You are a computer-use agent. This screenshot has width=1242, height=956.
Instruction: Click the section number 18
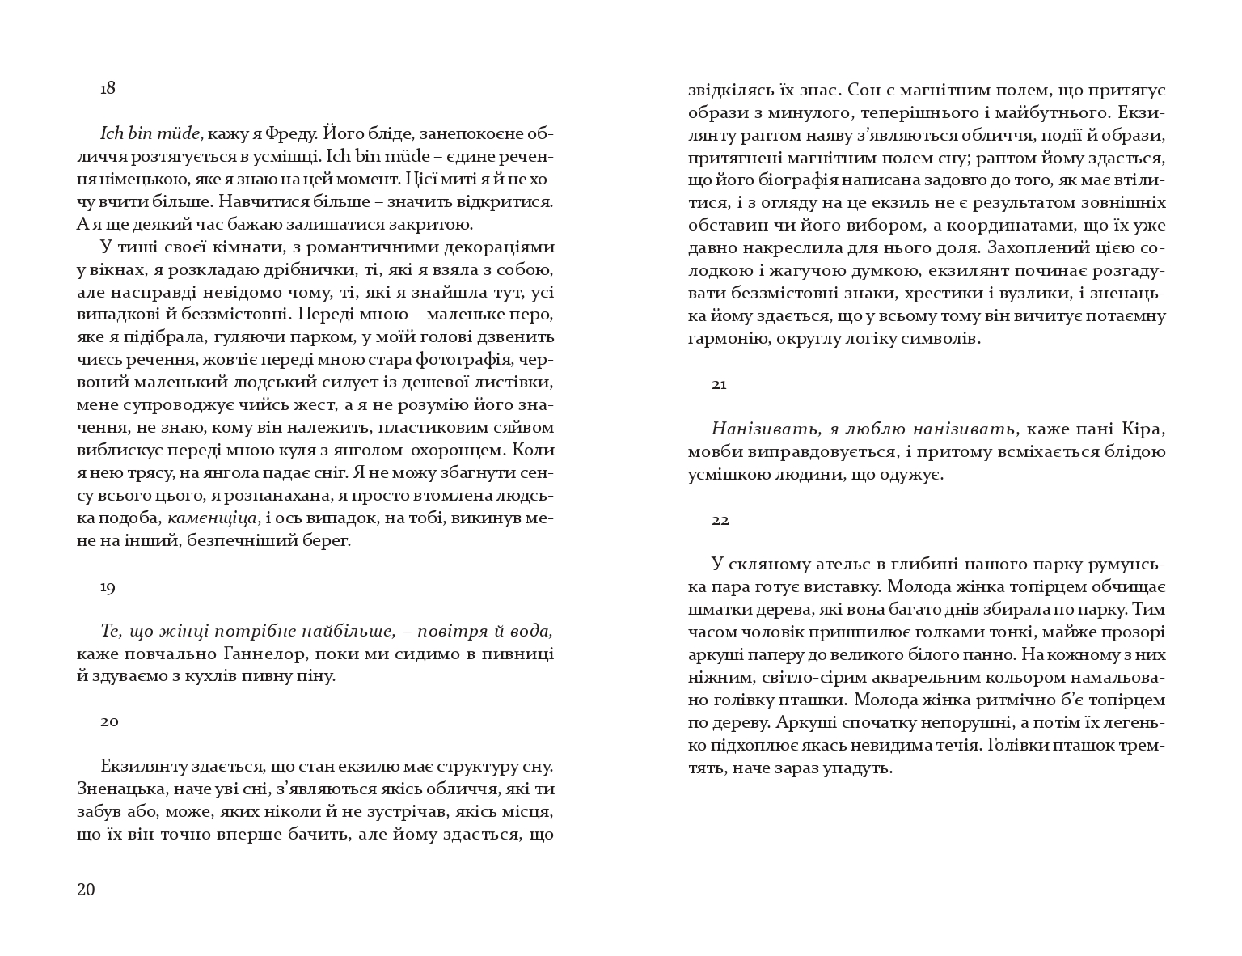108,89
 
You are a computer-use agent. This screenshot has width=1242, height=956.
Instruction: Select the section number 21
719,384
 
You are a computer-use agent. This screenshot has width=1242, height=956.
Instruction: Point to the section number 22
720,520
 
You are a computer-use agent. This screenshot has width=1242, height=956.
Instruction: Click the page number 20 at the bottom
86,890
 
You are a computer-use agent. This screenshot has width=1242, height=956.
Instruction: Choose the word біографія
809,180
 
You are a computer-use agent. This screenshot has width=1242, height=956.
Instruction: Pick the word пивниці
525,653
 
